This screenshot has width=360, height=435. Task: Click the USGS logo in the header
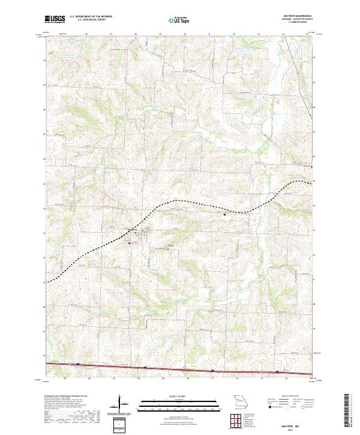pyautogui.click(x=53, y=20)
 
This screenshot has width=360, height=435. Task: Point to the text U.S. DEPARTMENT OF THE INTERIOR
pyautogui.click(x=91, y=17)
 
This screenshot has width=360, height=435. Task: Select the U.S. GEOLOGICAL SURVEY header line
pyautogui.click(x=86, y=21)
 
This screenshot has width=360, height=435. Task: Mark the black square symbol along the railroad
pyautogui.click(x=225, y=213)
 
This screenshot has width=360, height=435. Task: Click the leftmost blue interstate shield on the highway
pyautogui.click(x=77, y=364)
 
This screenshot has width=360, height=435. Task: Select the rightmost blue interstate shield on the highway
pyautogui.click(x=277, y=372)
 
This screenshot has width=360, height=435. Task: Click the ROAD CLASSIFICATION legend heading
pyautogui.click(x=282, y=397)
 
